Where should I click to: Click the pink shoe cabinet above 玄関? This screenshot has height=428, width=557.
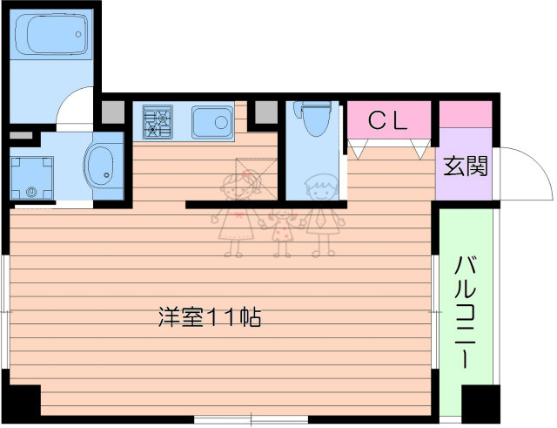(x=466, y=114)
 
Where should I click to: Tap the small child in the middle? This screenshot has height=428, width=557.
(x=282, y=232)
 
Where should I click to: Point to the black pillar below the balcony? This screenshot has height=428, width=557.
(x=478, y=405)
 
